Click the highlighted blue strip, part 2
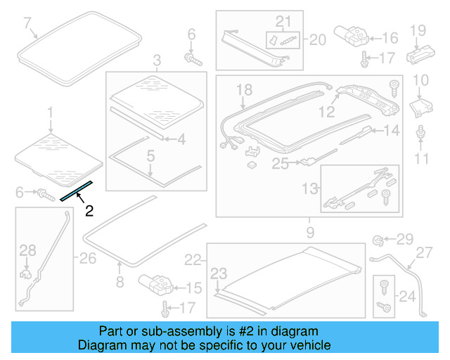[76, 190]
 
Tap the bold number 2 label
[89, 210]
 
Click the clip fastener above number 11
[420, 132]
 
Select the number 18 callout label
[243, 90]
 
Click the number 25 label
[281, 164]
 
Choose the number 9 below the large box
[310, 231]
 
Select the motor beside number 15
[155, 283]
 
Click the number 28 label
[27, 250]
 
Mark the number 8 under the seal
[119, 282]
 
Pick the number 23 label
[219, 274]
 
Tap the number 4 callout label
[181, 139]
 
